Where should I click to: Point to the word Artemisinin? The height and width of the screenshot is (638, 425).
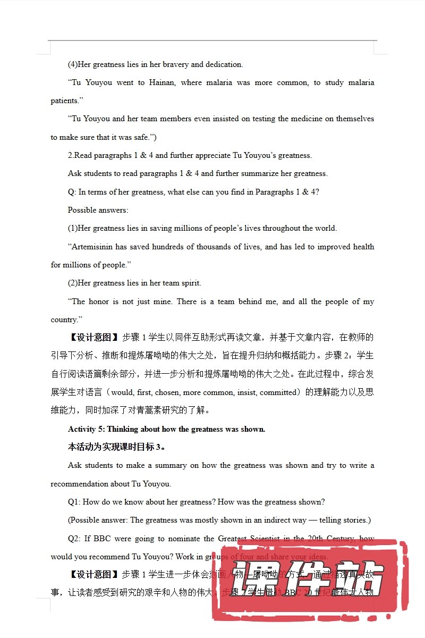tap(93, 247)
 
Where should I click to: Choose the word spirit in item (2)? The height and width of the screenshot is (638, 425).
tap(191, 283)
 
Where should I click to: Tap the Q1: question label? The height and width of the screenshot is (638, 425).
tap(74, 502)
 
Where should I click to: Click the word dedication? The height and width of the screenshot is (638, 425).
tap(224, 64)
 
